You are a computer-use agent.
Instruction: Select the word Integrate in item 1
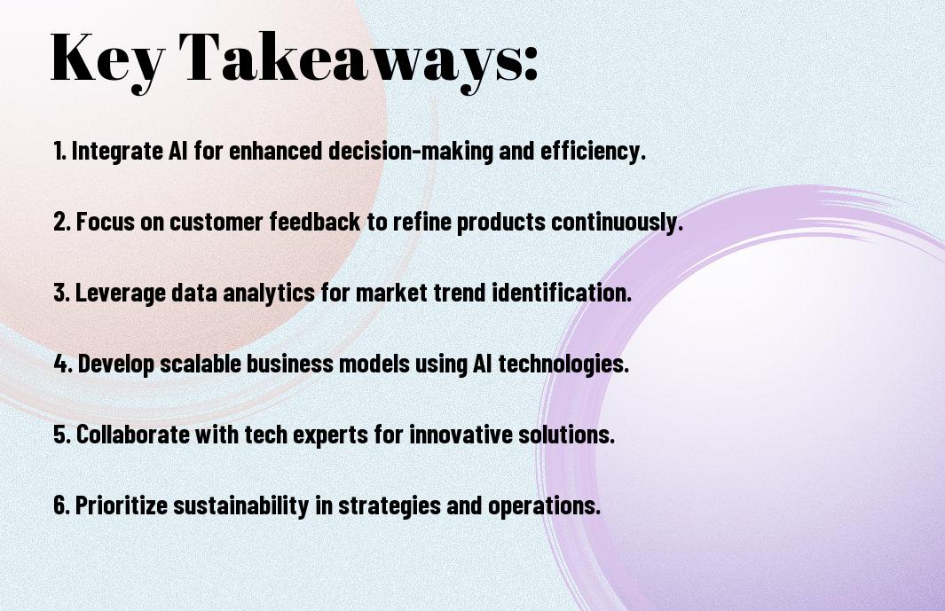click(117, 151)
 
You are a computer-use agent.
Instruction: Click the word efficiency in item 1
click(593, 151)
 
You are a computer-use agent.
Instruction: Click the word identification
click(562, 293)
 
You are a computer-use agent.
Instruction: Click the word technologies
click(563, 364)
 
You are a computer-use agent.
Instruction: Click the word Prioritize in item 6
click(122, 505)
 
